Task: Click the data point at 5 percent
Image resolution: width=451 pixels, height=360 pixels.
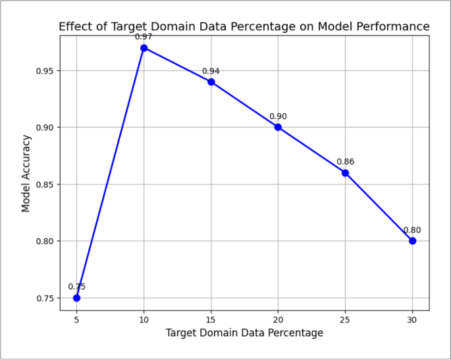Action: click(76, 297)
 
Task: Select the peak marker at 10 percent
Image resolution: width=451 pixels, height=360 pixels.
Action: click(144, 48)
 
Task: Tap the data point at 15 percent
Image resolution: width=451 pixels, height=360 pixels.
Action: click(211, 82)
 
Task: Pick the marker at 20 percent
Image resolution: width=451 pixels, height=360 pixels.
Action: click(278, 127)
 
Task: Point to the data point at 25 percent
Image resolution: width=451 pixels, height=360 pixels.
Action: click(345, 172)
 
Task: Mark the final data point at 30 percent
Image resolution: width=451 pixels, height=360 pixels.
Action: click(412, 241)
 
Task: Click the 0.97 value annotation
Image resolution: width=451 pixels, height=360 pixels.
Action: click(144, 37)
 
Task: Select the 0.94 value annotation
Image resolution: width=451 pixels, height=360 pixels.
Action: click(211, 71)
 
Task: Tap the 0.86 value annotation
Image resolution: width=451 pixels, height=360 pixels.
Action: click(345, 162)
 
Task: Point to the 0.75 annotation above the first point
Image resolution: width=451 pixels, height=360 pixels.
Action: click(76, 287)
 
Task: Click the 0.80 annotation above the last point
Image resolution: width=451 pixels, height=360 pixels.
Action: click(412, 230)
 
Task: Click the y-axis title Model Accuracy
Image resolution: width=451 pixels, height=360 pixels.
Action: click(26, 173)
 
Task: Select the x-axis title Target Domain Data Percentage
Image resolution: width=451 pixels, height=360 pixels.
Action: click(244, 333)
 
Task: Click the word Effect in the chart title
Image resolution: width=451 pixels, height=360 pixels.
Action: click(74, 26)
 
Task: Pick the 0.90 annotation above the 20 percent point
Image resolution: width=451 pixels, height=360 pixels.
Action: click(278, 116)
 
